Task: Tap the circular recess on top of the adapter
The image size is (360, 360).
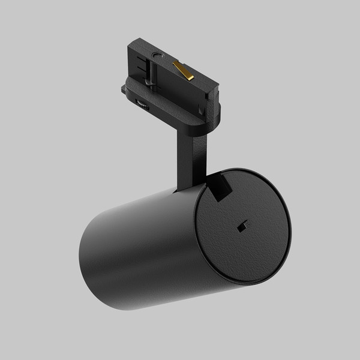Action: (x=157, y=56)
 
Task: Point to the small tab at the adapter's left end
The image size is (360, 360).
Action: (x=124, y=90)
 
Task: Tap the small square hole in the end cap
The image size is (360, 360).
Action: (x=243, y=225)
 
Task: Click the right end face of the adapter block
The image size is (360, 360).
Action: (x=211, y=90)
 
